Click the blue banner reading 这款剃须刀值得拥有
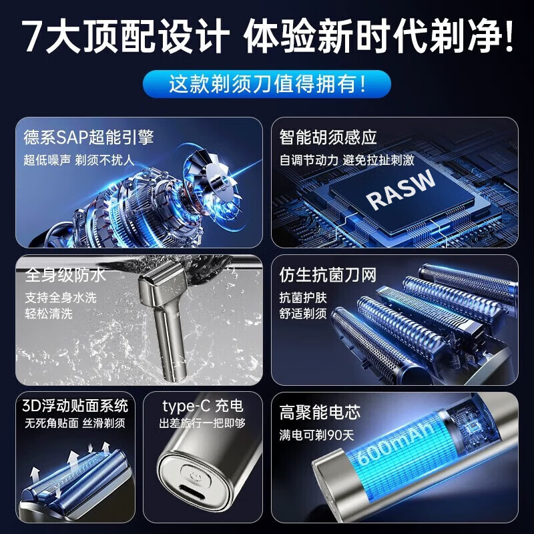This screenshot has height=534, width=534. click(x=266, y=85)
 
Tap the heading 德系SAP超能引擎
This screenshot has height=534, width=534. click(x=89, y=138)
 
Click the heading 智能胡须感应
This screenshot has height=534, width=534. click(x=328, y=138)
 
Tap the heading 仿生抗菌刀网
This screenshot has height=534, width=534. click(x=328, y=276)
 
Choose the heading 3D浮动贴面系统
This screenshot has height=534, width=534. click(x=75, y=406)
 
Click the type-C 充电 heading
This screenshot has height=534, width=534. click(x=203, y=406)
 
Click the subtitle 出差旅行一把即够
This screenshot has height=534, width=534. click(x=202, y=423)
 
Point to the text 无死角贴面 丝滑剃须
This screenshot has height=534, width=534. click(x=75, y=423)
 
